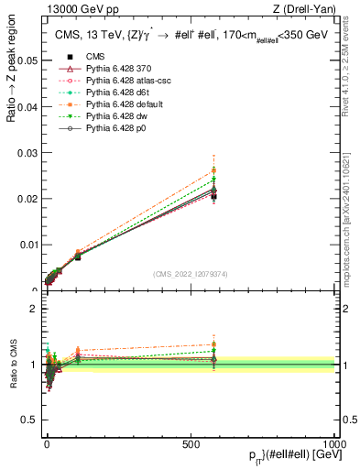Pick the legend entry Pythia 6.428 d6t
click(102, 118)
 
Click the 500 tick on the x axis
click(191, 442)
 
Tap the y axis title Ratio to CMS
click(13, 365)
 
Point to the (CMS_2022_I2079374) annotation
click(191, 274)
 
